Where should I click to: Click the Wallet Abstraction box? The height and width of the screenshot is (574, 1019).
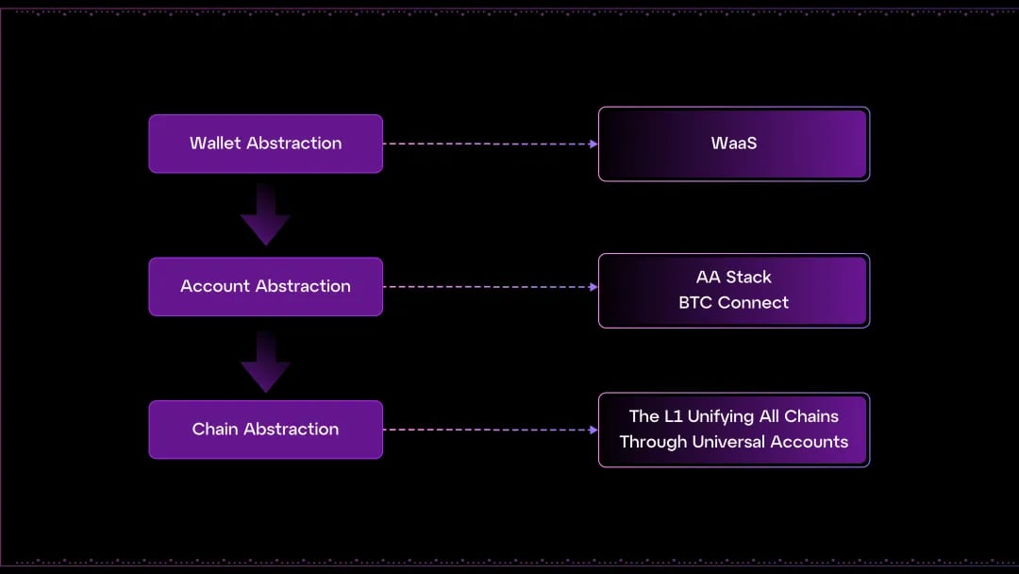[x=266, y=143]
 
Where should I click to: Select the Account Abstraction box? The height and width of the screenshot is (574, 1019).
[x=266, y=287]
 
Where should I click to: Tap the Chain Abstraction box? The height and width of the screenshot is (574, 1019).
[x=266, y=430]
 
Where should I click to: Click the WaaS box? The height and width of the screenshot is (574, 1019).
[x=734, y=143]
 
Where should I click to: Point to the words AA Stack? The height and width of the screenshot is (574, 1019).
[x=734, y=277]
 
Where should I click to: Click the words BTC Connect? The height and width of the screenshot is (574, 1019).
[x=734, y=302]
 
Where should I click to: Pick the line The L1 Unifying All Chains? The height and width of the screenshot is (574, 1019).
[x=734, y=416]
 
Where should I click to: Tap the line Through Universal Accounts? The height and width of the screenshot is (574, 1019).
[x=734, y=442]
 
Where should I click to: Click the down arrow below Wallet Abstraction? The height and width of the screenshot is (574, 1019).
[x=265, y=214]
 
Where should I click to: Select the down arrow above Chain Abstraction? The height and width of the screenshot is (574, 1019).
[x=265, y=362]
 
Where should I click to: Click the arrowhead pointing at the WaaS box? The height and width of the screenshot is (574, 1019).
[x=593, y=143]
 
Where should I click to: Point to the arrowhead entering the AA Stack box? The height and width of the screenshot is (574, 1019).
[x=593, y=287]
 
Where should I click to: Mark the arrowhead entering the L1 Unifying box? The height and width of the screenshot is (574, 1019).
[x=593, y=430]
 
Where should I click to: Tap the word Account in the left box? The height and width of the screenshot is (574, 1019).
[x=215, y=286]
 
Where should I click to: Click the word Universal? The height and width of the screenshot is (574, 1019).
[x=727, y=442]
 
